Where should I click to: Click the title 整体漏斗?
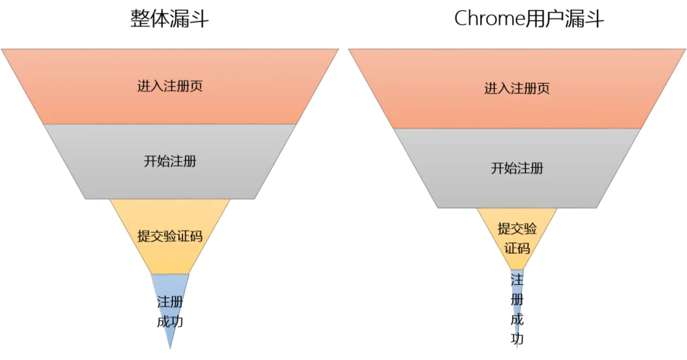[170, 19]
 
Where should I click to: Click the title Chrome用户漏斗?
[529, 19]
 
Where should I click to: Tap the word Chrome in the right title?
[489, 19]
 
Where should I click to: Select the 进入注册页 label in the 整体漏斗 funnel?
[170, 86]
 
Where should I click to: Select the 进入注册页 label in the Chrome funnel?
[517, 88]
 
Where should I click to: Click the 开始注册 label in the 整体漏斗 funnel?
[170, 161]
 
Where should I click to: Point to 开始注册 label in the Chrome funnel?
[517, 168]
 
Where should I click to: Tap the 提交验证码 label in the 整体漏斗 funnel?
[170, 236]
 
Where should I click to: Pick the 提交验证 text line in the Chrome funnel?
[517, 228]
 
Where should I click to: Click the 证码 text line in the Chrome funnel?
[517, 248]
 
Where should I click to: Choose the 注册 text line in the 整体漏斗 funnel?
[170, 301]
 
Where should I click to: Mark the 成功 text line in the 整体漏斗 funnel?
[170, 322]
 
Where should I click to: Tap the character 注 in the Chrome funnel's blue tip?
[517, 280]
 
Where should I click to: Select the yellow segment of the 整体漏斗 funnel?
[170, 234]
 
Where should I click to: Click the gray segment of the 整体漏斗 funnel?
[170, 162]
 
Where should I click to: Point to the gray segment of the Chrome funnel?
[517, 168]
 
